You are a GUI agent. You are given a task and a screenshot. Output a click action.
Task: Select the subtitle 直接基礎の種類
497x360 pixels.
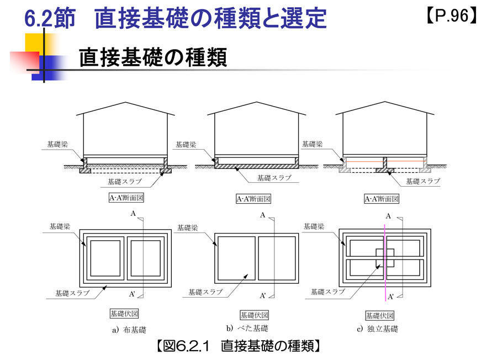pos(152,57)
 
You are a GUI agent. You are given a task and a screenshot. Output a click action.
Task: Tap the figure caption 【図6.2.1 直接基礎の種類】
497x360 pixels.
pos(238,346)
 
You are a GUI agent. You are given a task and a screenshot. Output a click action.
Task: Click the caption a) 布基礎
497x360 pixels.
pos(128,330)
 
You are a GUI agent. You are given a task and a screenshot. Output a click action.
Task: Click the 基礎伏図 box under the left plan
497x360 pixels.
pos(124,314)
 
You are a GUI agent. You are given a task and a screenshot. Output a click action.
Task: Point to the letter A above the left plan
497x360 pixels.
pos(133,213)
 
